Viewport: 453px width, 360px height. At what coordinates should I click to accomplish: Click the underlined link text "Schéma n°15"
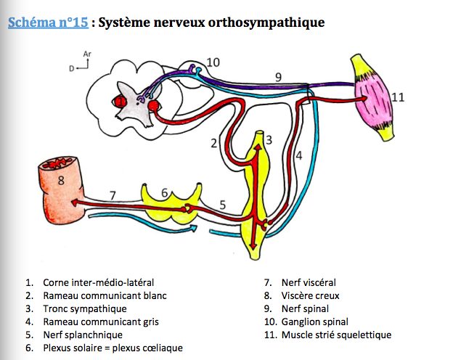pos(47,22)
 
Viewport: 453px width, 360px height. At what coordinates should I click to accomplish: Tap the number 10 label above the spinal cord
pos(213,62)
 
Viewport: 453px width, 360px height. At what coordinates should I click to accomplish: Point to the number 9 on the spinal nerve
pos(277,75)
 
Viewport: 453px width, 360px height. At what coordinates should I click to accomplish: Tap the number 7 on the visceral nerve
pos(113,195)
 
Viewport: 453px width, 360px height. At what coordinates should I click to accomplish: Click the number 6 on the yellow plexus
pos(165,192)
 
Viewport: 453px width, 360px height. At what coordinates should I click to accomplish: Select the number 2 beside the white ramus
pos(214,143)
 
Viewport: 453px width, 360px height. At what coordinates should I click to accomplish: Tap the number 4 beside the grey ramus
pos(298,154)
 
